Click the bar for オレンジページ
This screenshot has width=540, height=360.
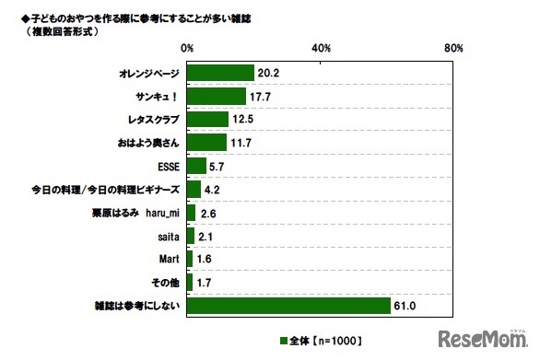point(220,73)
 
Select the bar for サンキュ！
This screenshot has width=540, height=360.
point(216,96)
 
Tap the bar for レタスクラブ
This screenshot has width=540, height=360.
point(207,119)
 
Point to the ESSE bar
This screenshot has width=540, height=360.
point(196,166)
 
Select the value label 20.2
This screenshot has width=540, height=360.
point(270,73)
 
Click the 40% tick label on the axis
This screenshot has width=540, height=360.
point(322,47)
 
